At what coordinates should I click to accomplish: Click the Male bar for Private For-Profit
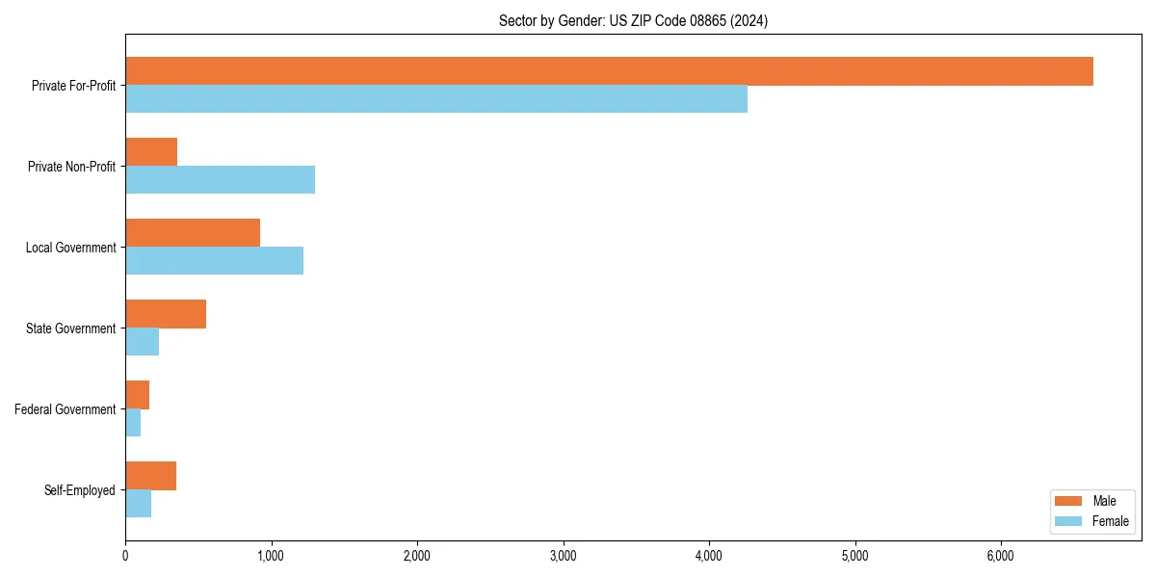pyautogui.click(x=609, y=71)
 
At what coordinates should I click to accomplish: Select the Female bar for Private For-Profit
pyautogui.click(x=436, y=99)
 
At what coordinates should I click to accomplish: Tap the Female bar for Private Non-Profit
pyautogui.click(x=220, y=180)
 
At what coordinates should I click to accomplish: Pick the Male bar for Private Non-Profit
pyautogui.click(x=151, y=152)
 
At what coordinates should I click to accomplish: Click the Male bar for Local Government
pyautogui.click(x=193, y=233)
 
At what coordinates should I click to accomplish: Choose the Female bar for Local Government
pyautogui.click(x=214, y=261)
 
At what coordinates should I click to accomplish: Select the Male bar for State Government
pyautogui.click(x=166, y=314)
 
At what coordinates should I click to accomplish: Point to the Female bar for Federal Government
pyautogui.click(x=133, y=423)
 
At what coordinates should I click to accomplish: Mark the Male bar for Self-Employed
pyautogui.click(x=150, y=476)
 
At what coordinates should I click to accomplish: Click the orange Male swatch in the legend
pyautogui.click(x=1069, y=501)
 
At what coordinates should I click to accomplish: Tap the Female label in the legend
pyautogui.click(x=1110, y=521)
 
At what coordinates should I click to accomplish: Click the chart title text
pyautogui.click(x=633, y=20)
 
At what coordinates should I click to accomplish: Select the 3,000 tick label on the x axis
pyautogui.click(x=563, y=556)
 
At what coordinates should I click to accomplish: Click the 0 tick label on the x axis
pyautogui.click(x=125, y=556)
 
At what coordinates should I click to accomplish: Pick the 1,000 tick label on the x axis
pyautogui.click(x=271, y=556)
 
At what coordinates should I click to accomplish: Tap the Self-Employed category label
pyautogui.click(x=80, y=490)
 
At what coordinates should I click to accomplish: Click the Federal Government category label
pyautogui.click(x=66, y=409)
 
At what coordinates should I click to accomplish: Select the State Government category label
pyautogui.click(x=70, y=328)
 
